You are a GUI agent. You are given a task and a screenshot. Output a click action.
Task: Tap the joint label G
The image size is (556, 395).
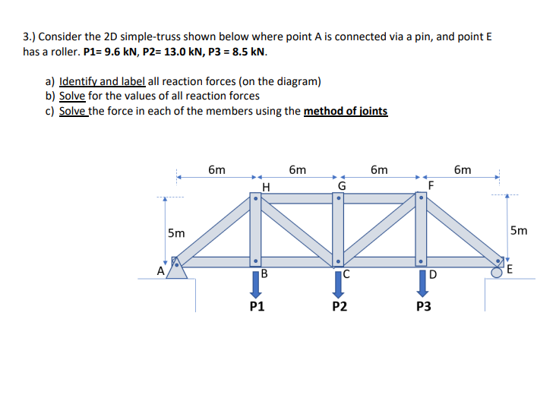click(341, 185)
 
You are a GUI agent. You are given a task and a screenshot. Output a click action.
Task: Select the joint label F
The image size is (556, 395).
click(431, 185)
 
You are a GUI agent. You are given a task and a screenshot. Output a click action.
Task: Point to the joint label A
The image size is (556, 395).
click(161, 270)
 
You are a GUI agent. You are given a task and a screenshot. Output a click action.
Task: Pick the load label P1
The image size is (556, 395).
click(257, 308)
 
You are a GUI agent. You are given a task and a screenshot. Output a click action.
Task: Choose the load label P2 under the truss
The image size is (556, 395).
click(340, 308)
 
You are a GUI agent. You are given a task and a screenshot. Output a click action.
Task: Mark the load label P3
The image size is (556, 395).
click(423, 308)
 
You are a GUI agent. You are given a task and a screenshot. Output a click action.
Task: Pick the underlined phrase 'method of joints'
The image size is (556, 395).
click(346, 111)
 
